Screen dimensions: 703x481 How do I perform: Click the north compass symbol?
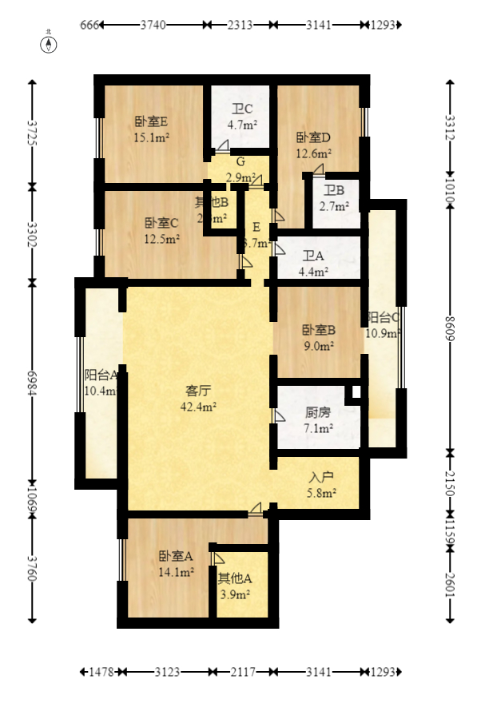(49, 43)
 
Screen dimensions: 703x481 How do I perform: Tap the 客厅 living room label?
(198, 391)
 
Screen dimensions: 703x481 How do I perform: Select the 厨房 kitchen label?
(317, 414)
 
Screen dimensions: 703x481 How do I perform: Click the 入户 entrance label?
(320, 477)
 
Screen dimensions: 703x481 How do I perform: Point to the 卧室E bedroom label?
(150, 122)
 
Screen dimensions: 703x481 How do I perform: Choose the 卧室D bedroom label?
(313, 137)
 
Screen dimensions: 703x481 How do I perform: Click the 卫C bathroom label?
(242, 110)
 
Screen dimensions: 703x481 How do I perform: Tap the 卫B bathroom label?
(334, 190)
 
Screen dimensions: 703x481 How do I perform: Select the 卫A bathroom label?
(313, 256)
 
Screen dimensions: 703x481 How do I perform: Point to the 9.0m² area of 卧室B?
(317, 346)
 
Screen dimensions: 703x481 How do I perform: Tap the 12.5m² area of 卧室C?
(161, 237)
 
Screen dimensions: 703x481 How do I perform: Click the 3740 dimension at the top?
(153, 25)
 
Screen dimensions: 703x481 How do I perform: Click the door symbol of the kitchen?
(278, 416)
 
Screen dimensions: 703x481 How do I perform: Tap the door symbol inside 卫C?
(221, 146)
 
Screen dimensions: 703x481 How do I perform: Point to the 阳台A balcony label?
(101, 375)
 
